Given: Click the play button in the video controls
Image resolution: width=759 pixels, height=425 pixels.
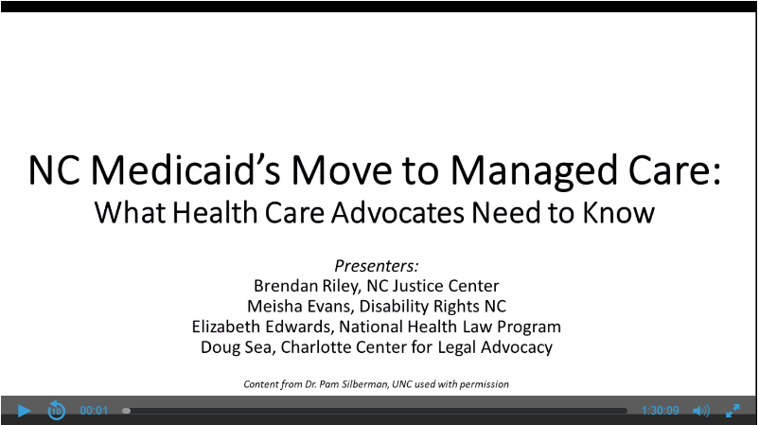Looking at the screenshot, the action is click(x=24, y=411).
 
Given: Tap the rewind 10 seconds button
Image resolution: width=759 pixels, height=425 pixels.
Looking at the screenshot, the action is click(x=56, y=411).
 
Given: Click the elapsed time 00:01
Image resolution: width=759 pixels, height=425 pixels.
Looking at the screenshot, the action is click(x=94, y=411).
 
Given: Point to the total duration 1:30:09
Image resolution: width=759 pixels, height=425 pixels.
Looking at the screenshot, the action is click(x=661, y=411).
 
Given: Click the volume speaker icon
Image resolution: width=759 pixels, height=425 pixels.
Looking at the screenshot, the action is click(x=701, y=411).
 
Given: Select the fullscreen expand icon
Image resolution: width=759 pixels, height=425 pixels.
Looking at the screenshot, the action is click(x=733, y=411).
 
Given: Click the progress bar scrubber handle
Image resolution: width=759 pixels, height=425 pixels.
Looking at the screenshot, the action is click(x=126, y=411).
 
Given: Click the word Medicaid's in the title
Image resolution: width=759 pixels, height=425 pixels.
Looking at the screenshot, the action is click(x=185, y=170).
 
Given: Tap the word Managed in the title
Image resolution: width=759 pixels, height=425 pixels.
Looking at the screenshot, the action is click(x=534, y=171).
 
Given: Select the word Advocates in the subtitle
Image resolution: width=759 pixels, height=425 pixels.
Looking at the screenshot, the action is click(x=397, y=212).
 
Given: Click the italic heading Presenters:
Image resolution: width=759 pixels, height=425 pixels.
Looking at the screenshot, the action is click(x=376, y=266).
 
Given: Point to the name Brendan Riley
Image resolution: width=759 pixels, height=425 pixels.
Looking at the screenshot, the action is click(x=307, y=286).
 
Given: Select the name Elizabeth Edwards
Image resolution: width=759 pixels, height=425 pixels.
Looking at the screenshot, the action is click(x=262, y=327).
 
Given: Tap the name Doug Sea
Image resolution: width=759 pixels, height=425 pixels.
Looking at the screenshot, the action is click(x=238, y=347).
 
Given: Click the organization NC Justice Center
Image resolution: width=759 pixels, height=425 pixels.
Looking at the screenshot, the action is click(x=432, y=286).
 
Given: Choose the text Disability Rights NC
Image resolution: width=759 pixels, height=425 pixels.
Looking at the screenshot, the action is click(x=432, y=307).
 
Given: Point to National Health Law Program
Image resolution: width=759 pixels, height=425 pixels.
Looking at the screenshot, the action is click(x=450, y=327).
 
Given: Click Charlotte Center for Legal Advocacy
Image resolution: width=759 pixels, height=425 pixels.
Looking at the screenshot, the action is click(x=416, y=347).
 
